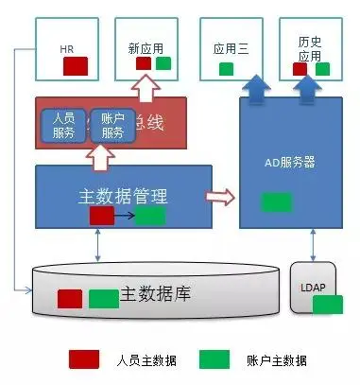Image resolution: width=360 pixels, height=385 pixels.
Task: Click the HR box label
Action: tap(66, 47)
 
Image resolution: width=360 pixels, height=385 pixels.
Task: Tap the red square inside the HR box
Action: tap(76, 66)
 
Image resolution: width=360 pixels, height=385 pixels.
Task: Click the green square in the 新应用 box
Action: tap(163, 63)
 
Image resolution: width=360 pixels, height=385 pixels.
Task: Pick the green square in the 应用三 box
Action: tap(227, 69)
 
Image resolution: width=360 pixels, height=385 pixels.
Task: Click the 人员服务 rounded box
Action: tap(62, 127)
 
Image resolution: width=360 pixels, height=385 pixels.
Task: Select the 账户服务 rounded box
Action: tap(112, 127)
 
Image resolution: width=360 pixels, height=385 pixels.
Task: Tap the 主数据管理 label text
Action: tap(122, 197)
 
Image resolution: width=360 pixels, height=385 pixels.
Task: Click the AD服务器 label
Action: tap(289, 162)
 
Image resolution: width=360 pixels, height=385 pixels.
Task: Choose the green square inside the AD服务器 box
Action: tap(276, 201)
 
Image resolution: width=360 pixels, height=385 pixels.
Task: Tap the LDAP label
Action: tap(314, 286)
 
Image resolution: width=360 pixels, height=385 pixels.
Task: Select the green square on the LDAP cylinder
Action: tap(327, 304)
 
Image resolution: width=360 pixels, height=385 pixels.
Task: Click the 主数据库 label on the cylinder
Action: tap(156, 294)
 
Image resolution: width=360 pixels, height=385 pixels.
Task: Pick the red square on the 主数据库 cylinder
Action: tap(69, 299)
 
